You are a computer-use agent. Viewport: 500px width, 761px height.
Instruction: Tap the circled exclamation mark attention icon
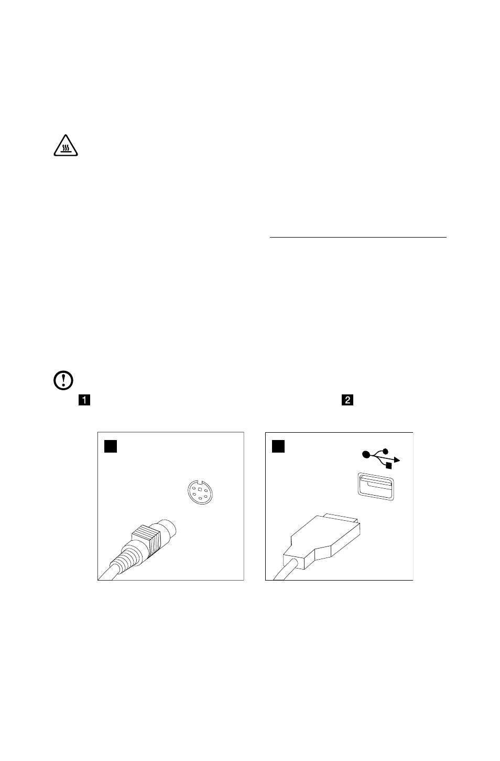pos(63,380)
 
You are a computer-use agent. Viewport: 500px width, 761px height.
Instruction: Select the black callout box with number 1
pos(84,400)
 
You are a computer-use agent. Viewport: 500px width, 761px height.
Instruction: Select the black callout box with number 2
pos(347,400)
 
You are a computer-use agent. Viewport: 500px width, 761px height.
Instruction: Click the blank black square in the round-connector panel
pos(110,446)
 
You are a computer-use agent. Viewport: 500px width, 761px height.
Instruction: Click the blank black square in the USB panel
pos(278,446)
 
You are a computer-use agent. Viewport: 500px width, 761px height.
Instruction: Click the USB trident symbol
pos(381,457)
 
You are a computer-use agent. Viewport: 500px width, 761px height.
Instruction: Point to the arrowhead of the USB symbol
pos(398,460)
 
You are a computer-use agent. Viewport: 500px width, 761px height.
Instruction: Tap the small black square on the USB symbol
pos(388,465)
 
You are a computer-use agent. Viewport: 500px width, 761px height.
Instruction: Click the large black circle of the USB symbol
pos(365,454)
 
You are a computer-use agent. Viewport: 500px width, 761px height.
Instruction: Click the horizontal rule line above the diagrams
pos(357,238)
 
